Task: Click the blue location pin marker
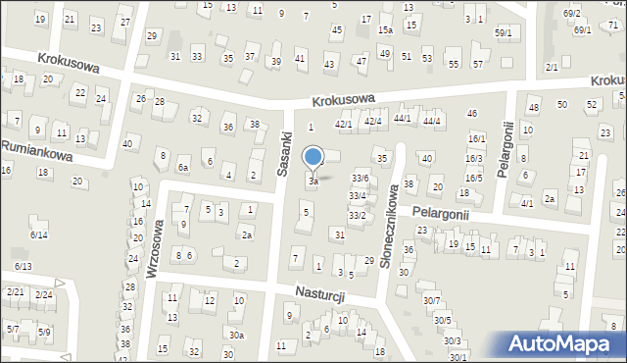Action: point(313,158)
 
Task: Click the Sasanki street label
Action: point(284,155)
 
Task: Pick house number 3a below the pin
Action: point(313,181)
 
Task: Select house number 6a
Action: point(182,167)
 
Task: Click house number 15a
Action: point(386,30)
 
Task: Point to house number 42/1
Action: point(343,124)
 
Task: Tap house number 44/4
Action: point(432,120)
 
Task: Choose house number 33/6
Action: point(360,178)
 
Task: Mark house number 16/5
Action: point(474,178)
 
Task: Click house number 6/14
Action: point(38,234)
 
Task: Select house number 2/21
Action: point(16,292)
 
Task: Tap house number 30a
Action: point(236,335)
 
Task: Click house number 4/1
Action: point(527,203)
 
